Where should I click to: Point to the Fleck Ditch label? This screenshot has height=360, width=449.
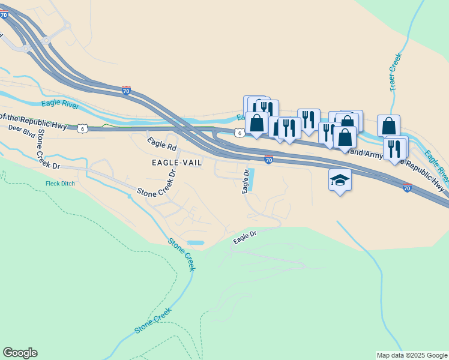click(x=60, y=184)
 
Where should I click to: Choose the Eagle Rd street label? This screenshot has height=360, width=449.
click(x=162, y=145)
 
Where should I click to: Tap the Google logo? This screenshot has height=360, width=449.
click(x=20, y=353)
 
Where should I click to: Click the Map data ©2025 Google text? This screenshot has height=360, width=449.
click(x=412, y=355)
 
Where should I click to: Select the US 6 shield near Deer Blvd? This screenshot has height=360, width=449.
click(x=82, y=128)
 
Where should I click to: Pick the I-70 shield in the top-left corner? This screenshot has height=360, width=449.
click(x=4, y=16)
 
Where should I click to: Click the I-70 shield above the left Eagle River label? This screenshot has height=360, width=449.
click(x=126, y=90)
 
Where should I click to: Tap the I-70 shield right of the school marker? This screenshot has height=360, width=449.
click(x=407, y=188)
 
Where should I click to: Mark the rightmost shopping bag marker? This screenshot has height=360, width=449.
click(x=389, y=125)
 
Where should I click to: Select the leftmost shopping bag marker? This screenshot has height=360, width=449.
click(x=257, y=123)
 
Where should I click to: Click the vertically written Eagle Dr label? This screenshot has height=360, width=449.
click(x=245, y=181)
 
